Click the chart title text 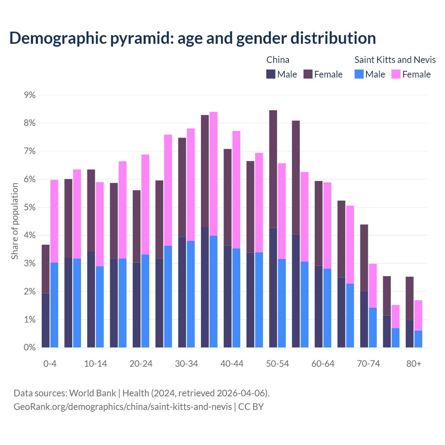click(x=192, y=38)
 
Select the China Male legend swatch click(x=271, y=74)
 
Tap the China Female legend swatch click(x=308, y=74)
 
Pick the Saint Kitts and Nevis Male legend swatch click(x=359, y=74)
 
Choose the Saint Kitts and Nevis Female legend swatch click(x=396, y=74)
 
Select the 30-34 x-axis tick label click(x=186, y=364)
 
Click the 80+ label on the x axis click(x=414, y=364)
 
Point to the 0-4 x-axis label click(x=50, y=364)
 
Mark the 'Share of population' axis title click(x=15, y=221)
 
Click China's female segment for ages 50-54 click(x=273, y=169)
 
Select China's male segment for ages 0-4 click(x=46, y=320)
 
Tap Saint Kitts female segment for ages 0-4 click(x=54, y=221)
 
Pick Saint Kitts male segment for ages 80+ click(x=418, y=339)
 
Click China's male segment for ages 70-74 click(x=364, y=319)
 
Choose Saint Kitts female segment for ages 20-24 click(x=145, y=204)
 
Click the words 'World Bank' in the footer click(x=92, y=393)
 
